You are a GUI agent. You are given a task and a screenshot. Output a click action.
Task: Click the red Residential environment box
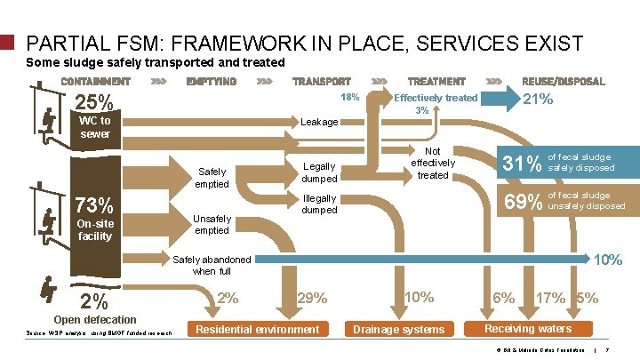257,330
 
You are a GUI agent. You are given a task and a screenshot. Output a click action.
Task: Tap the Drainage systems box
399,330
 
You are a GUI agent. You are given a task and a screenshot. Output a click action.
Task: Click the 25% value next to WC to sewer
93,101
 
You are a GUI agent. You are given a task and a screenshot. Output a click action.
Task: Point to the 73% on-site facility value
92,204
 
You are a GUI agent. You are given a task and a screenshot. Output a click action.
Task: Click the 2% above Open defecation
93,300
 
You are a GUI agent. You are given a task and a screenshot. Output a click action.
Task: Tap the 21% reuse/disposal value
537,100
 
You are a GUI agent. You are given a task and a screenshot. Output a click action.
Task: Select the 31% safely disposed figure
522,163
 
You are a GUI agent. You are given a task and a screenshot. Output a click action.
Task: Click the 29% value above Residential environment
313,299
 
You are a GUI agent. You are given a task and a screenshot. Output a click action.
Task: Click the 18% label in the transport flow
350,97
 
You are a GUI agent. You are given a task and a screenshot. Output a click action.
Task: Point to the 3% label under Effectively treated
423,111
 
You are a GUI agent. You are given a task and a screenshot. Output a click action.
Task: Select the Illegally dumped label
319,204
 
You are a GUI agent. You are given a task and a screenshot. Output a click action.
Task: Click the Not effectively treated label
433,163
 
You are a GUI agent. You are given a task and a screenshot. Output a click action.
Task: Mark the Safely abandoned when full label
212,265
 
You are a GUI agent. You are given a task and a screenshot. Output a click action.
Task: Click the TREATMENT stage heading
436,82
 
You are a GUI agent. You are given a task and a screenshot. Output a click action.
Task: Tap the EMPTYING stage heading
212,82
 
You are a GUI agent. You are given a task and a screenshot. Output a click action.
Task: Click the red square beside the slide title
7,42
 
